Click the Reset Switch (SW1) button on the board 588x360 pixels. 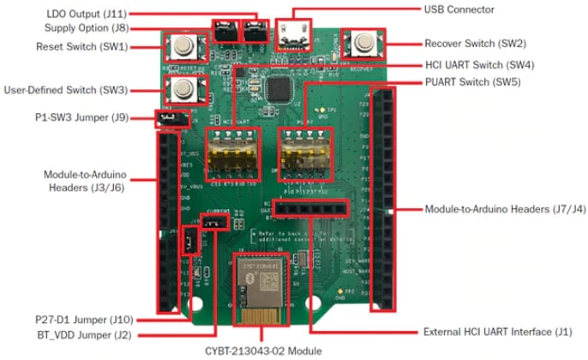coord(182,45)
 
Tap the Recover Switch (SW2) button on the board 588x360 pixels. coord(363,43)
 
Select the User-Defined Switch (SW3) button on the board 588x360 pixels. coord(182,88)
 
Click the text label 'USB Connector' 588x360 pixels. coord(460,9)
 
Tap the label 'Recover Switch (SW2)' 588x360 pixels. coord(475,42)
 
